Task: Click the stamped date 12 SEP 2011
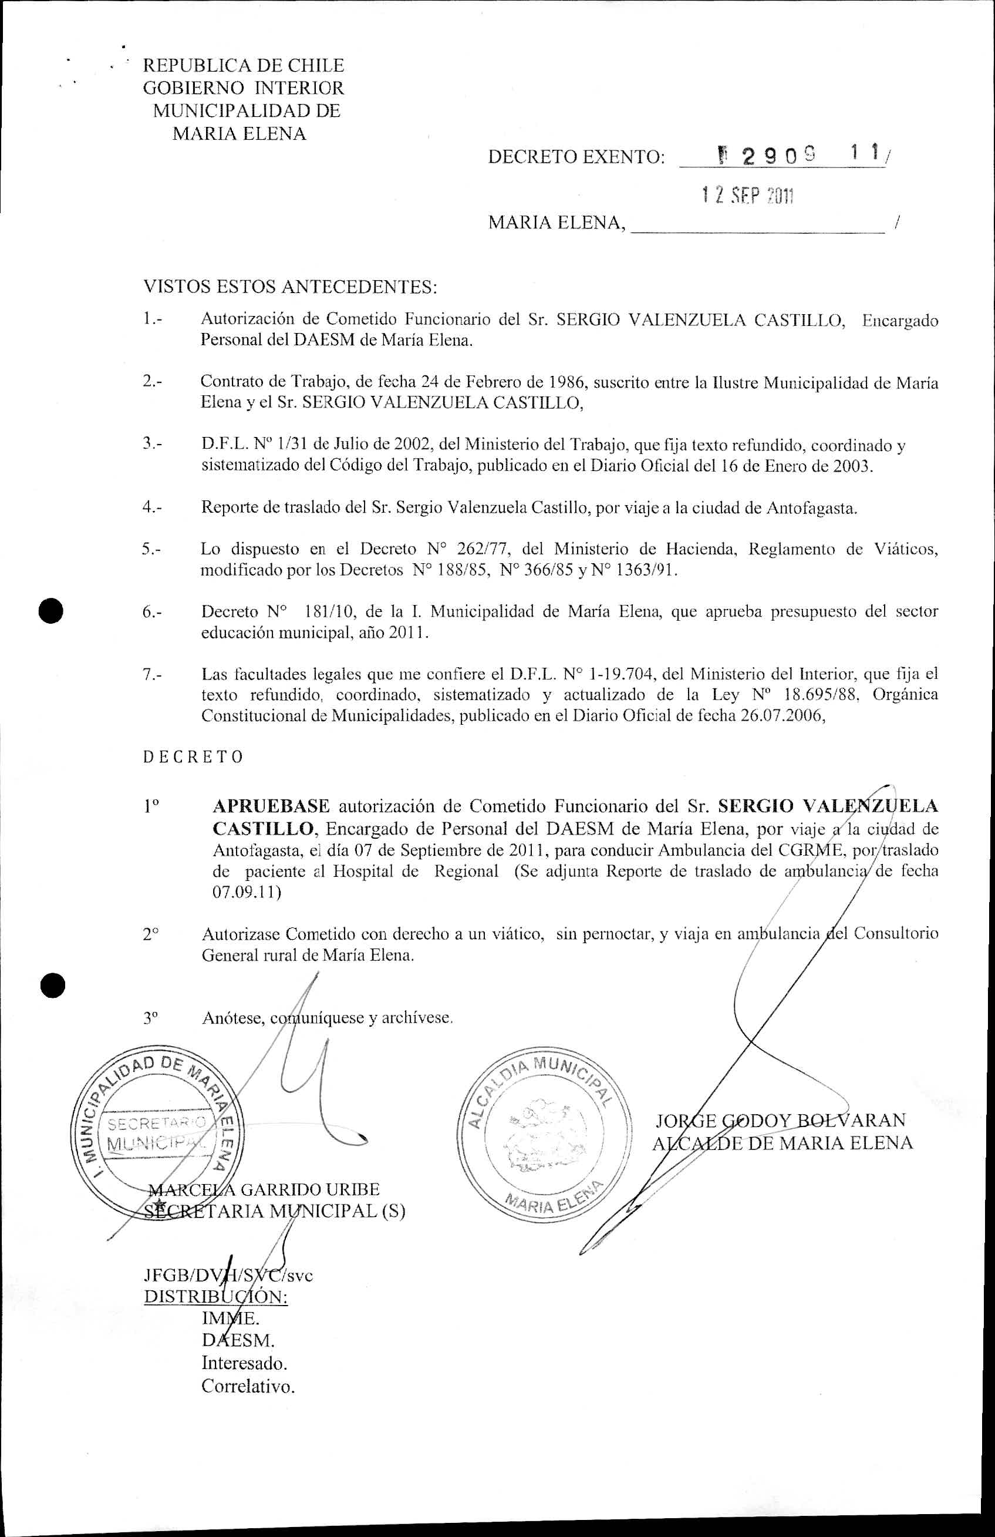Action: [747, 196]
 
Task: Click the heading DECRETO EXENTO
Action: [576, 157]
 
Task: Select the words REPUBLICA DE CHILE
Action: [244, 65]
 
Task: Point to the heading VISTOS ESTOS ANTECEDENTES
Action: [290, 286]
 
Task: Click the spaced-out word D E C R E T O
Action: [193, 757]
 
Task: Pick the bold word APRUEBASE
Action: [271, 806]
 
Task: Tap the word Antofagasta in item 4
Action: [811, 507]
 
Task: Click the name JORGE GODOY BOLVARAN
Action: [781, 1120]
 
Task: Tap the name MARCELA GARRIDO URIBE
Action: [264, 1189]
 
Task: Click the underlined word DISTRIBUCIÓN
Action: [215, 1297]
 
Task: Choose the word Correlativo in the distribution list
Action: [248, 1386]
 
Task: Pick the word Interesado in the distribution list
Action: [244, 1363]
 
